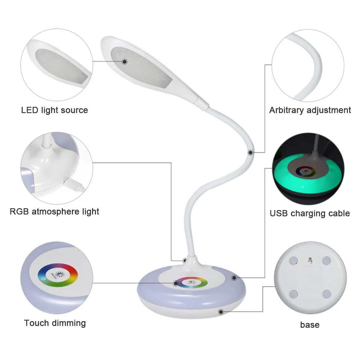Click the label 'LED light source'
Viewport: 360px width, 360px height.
point(54,110)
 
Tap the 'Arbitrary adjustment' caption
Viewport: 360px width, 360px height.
point(310,110)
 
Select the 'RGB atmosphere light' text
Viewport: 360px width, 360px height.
point(54,211)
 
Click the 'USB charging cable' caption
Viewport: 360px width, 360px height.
point(310,213)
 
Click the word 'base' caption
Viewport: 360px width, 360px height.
point(310,325)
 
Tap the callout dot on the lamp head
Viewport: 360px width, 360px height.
point(124,62)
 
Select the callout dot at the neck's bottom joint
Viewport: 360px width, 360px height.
point(185,260)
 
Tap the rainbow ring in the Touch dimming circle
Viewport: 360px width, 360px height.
point(58,274)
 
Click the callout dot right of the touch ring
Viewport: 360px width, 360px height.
point(234,278)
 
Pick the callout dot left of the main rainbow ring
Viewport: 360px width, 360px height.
point(176,283)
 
